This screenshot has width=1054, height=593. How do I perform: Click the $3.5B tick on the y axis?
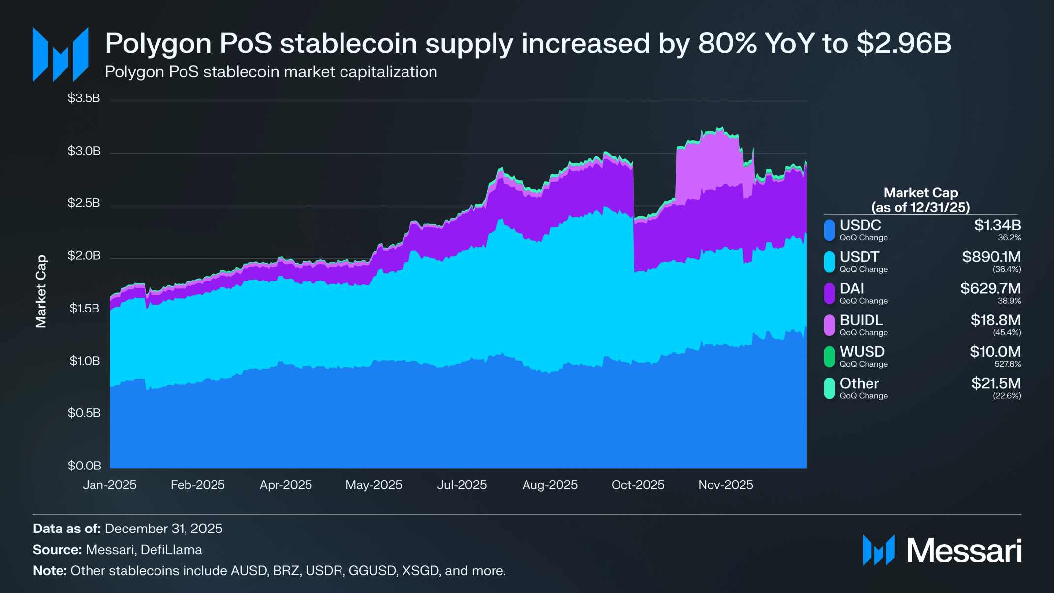pos(84,98)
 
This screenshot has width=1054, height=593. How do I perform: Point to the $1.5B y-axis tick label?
pos(84,309)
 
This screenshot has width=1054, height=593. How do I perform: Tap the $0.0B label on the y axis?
pos(84,466)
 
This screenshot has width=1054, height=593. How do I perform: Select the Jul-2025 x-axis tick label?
pos(462,485)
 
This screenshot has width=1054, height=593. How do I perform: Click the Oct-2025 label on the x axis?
pos(638,485)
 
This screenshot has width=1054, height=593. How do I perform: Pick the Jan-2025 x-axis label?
pos(109,485)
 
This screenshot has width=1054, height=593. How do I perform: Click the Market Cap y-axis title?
pos(41,291)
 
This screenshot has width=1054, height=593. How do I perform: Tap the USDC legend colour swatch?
pos(829,230)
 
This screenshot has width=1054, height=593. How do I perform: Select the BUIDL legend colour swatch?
pos(829,325)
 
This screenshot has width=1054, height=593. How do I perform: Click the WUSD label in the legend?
pos(862,352)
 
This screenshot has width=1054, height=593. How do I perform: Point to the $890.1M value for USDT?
pos(991,257)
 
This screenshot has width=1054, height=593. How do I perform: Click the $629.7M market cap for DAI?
pos(990,288)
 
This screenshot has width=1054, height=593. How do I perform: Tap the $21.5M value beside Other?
pos(995,383)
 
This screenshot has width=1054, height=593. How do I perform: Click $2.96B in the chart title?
pos(903,43)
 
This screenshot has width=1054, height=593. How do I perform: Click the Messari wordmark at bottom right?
pos(964,550)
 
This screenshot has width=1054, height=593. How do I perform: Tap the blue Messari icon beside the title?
pos(61,54)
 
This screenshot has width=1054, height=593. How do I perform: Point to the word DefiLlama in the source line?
pos(171,550)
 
